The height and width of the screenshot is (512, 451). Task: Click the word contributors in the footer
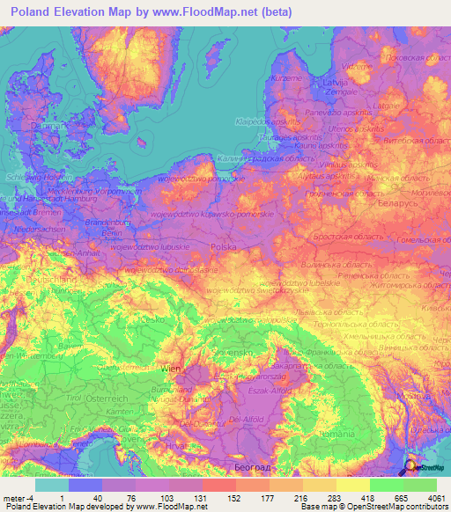pyautogui.click(x=426, y=507)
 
